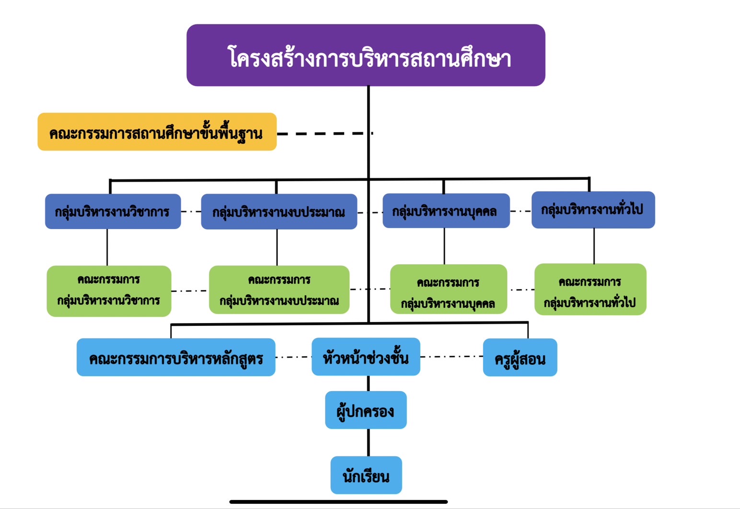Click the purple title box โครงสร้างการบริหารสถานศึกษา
click(x=366, y=55)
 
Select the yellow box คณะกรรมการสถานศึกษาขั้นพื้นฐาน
click(x=157, y=132)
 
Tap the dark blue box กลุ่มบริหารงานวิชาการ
click(x=113, y=211)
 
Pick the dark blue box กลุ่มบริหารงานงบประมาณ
click(x=278, y=212)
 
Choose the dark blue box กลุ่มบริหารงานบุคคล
click(x=446, y=211)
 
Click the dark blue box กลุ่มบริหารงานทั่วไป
click(x=593, y=210)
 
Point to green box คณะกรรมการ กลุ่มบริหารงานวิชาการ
click(x=109, y=291)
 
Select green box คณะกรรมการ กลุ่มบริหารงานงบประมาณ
click(x=279, y=290)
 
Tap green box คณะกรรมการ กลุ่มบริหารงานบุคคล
click(x=448, y=289)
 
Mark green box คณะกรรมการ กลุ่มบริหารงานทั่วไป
click(x=590, y=289)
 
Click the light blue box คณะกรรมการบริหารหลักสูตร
click(x=176, y=358)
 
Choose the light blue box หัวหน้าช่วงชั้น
click(x=366, y=357)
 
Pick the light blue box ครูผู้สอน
click(x=520, y=358)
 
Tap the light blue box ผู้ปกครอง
click(x=366, y=410)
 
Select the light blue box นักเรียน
click(x=366, y=475)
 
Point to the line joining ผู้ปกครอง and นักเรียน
click(x=368, y=442)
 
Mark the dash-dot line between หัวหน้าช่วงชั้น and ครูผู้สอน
click(x=451, y=357)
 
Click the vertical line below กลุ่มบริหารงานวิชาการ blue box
click(x=107, y=247)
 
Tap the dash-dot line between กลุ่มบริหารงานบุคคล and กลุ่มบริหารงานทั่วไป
click(x=520, y=211)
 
